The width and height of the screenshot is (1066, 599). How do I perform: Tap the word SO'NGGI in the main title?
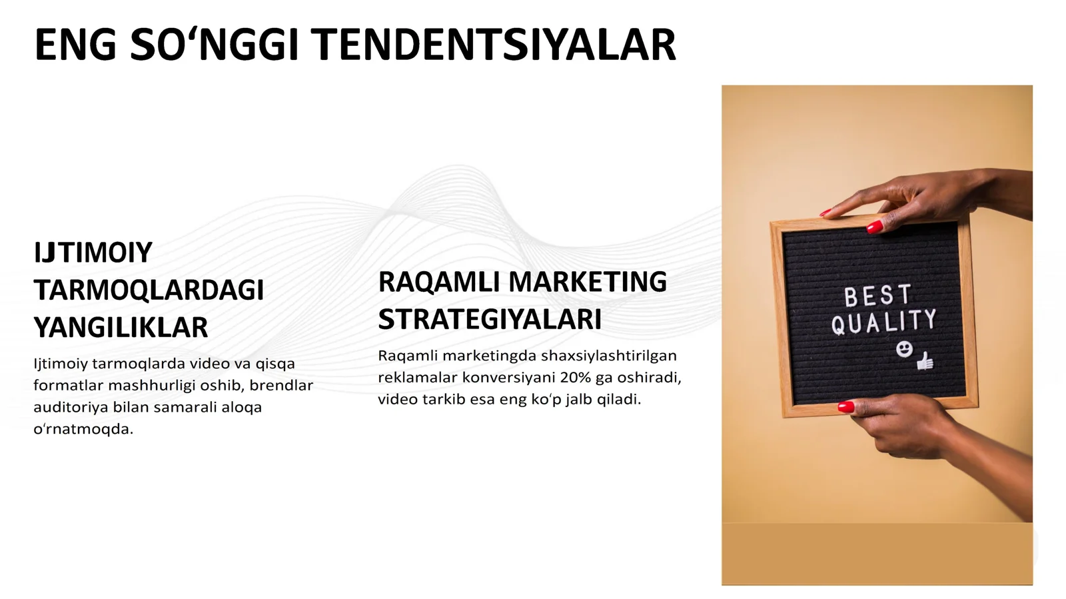(214, 45)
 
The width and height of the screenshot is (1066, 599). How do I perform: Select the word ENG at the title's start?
(75, 45)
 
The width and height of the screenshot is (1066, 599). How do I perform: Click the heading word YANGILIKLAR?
(121, 327)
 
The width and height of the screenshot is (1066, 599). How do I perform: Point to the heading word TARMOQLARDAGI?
(149, 290)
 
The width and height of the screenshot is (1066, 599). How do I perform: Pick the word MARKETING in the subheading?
(588, 282)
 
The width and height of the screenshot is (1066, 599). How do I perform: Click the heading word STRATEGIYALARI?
(490, 319)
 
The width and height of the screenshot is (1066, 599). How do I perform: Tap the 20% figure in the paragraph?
(576, 377)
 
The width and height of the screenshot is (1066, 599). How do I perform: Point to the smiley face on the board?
(903, 348)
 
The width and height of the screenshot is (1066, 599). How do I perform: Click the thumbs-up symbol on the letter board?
(925, 360)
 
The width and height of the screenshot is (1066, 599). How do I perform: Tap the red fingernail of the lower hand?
(846, 406)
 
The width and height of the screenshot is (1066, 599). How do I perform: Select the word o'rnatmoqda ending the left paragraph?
(83, 429)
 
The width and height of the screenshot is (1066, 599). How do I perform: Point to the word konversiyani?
(508, 377)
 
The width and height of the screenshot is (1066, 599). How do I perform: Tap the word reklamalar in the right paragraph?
(417, 377)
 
